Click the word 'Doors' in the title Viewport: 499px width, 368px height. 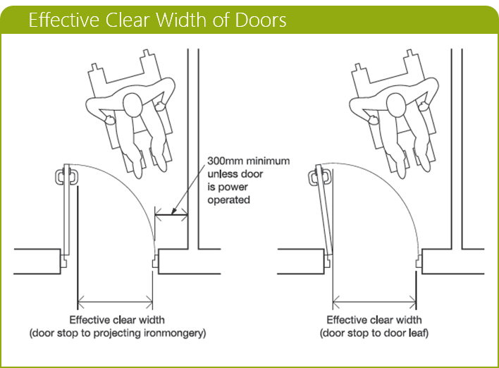pos(260,20)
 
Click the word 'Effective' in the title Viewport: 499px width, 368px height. pos(59,20)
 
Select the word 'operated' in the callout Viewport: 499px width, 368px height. pos(229,200)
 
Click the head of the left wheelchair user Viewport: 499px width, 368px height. pos(132,106)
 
